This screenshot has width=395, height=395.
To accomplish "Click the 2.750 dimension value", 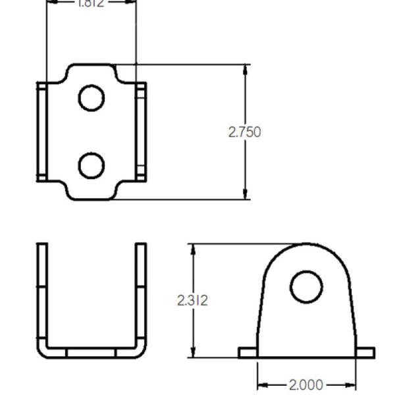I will (x=244, y=132).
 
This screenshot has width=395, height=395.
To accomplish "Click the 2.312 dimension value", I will (x=192, y=301).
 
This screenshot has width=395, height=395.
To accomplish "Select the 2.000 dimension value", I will (x=306, y=384).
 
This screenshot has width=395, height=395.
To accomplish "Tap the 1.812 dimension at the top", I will (x=91, y=3).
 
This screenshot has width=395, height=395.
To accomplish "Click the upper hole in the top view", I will (x=92, y=98).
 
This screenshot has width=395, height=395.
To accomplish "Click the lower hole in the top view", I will (x=92, y=165).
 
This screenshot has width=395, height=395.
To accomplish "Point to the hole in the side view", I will (x=306, y=287).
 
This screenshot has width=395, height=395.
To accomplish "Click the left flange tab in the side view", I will (x=248, y=354).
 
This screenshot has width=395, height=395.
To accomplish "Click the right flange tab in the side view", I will (x=365, y=354).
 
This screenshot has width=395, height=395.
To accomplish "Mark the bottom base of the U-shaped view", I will (x=92, y=352).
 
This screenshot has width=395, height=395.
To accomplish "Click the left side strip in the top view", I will (x=41, y=132).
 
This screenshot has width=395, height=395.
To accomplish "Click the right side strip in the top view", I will (x=141, y=132).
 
